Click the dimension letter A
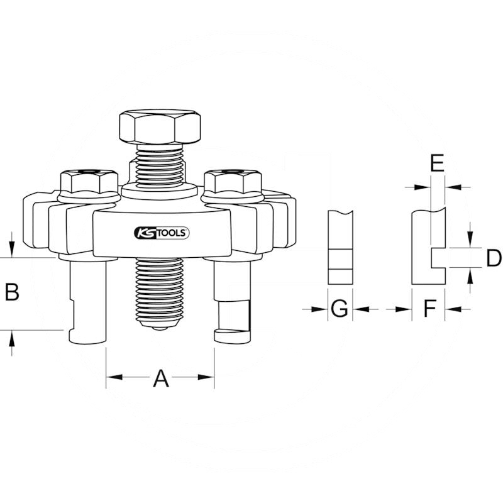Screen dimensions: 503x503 (x=161, y=379)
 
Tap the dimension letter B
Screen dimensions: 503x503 (x=12, y=292)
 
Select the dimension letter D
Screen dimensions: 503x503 (x=494, y=258)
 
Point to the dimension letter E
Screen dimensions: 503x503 (x=437, y=163)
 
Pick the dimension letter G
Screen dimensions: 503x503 (x=340, y=308)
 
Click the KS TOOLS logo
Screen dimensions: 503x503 (x=162, y=233)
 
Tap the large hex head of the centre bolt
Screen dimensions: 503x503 (x=160, y=127)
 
